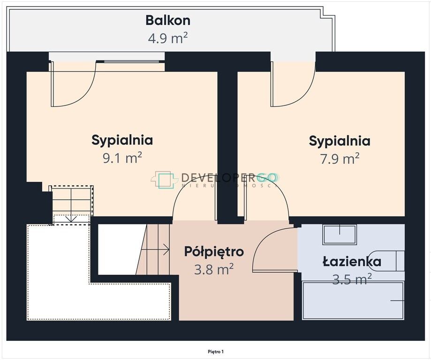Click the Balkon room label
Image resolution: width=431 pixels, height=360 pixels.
click(167, 21)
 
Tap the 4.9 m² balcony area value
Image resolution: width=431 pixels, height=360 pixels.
click(167, 38)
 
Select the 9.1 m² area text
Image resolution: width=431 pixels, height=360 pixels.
click(122, 158)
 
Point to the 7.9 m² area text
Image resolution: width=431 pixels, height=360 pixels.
click(340, 159)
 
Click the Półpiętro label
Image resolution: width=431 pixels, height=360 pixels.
click(214, 252)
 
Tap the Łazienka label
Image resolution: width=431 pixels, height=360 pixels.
click(352, 262)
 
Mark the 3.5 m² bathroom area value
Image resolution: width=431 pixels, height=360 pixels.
click(352, 279)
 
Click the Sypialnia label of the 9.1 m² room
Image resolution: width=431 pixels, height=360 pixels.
click(122, 140)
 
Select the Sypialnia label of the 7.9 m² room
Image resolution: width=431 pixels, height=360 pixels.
click(340, 141)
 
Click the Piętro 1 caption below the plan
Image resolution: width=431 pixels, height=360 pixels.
click(216, 351)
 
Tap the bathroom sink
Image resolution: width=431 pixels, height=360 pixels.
click(340, 234)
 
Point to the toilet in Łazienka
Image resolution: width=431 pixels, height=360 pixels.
click(399, 261)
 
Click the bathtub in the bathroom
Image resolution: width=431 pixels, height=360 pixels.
click(353, 300)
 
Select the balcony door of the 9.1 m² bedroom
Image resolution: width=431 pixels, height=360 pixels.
click(73, 84)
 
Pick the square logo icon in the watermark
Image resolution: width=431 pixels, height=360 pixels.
click(166, 180)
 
